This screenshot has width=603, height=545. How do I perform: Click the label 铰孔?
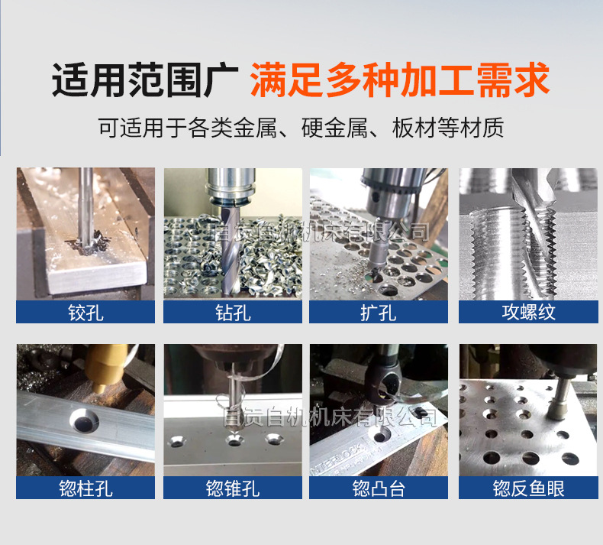click(x=85, y=312)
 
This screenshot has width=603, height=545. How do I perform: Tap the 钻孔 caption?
click(x=232, y=312)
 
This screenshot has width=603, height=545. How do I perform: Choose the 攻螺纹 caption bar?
click(x=528, y=312)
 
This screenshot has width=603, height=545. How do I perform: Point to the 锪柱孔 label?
click(x=85, y=488)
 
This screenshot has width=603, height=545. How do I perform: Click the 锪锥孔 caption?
click(x=232, y=488)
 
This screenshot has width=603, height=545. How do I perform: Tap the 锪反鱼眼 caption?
click(x=528, y=488)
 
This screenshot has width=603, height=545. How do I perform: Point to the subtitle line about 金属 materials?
click(x=301, y=127)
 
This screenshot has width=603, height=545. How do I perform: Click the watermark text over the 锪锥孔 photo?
click(x=328, y=417)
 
